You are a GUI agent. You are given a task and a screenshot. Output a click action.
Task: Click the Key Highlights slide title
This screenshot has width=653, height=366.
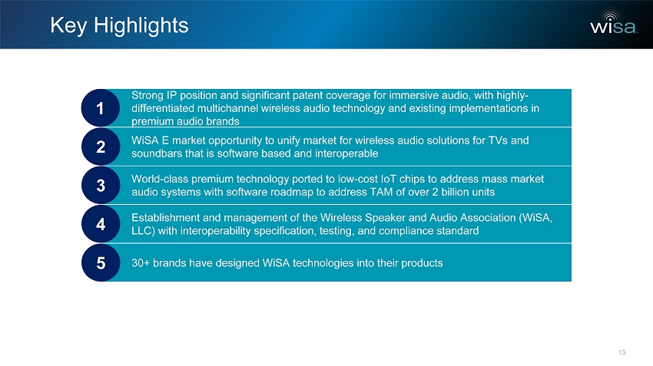[119, 25]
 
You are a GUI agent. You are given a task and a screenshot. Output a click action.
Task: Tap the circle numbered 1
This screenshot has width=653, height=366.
[101, 107]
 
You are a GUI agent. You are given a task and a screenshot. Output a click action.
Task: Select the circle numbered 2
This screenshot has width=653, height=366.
[101, 147]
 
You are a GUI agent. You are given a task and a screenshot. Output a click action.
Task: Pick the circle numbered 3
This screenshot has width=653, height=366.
[101, 185]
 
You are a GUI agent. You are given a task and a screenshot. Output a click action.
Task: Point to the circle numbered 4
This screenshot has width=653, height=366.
[101, 224]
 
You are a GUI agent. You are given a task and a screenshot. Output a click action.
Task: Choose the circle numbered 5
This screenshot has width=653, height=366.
[101, 262]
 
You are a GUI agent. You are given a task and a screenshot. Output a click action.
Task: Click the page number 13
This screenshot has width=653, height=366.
[622, 352]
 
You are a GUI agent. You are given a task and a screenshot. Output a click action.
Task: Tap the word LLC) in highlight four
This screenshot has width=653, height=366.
[143, 231]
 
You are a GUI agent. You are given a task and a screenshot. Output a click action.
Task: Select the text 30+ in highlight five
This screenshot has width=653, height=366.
[141, 263]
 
